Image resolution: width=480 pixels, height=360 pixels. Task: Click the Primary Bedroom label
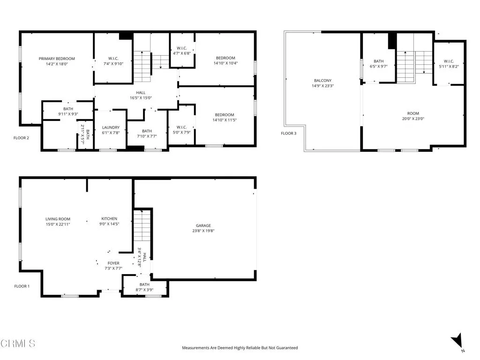pyautogui.click(x=57, y=59)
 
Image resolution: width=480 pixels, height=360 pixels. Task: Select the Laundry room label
pyautogui.click(x=111, y=127)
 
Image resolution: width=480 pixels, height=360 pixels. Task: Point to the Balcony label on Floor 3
pyautogui.click(x=322, y=81)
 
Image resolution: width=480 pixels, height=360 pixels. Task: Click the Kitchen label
pyautogui.click(x=110, y=219)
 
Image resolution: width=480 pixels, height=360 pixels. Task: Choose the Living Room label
pyautogui.click(x=58, y=219)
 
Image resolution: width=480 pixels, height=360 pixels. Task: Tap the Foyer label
pyautogui.click(x=113, y=263)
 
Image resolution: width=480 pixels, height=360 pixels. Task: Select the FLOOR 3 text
pyautogui.click(x=289, y=134)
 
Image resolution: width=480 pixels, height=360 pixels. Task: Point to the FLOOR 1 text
pyautogui.click(x=22, y=286)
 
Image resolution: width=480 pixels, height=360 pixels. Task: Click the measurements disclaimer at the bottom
pyautogui.click(x=240, y=348)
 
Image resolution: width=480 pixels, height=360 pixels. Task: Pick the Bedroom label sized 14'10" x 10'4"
pyautogui.click(x=225, y=58)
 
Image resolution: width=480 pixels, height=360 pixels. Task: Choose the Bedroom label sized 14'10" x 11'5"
pyautogui.click(x=225, y=115)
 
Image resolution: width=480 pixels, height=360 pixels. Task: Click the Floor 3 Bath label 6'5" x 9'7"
pyautogui.click(x=379, y=61)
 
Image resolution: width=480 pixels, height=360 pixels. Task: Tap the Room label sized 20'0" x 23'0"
pyautogui.click(x=413, y=113)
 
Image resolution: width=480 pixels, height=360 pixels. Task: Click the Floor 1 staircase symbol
pyautogui.click(x=142, y=230)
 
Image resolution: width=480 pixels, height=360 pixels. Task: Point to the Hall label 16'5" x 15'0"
pyautogui.click(x=141, y=93)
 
